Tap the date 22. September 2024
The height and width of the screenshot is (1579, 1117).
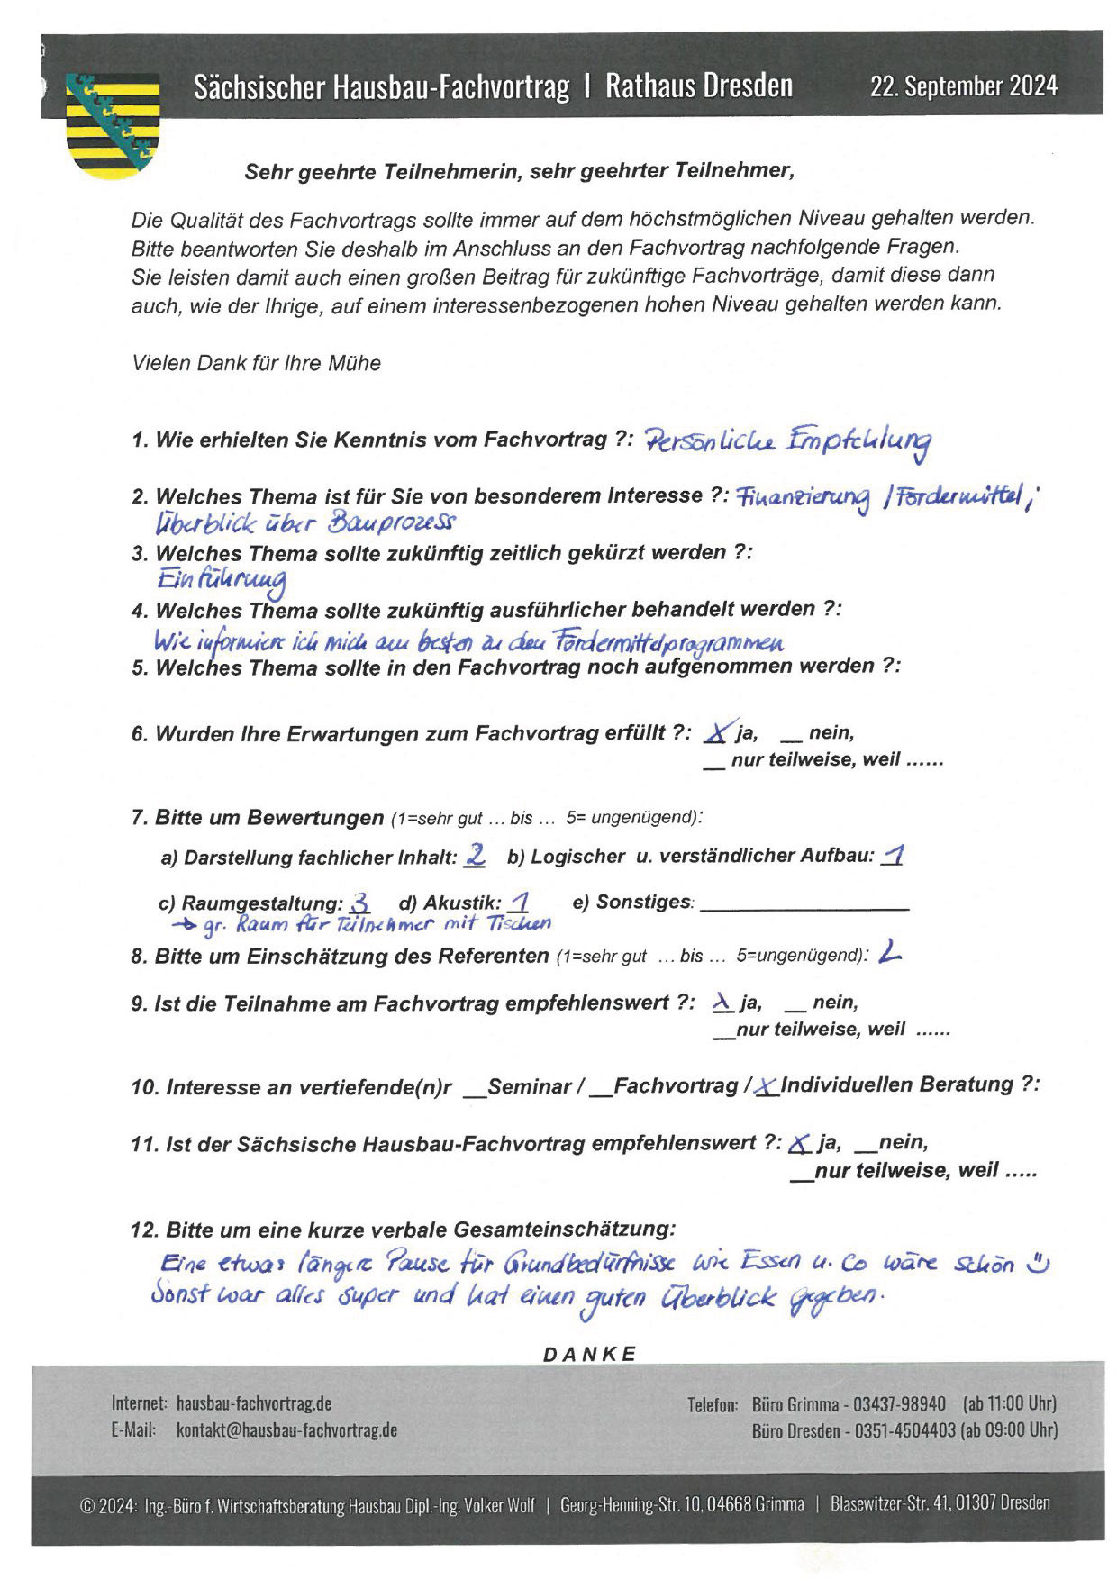(963, 86)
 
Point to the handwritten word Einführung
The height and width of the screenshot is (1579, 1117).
(222, 579)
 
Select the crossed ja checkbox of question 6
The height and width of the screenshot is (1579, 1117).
(717, 733)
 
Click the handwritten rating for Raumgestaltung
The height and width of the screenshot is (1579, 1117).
(359, 903)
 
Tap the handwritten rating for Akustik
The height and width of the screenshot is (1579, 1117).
(519, 902)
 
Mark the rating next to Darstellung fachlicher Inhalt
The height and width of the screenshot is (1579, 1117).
(475, 856)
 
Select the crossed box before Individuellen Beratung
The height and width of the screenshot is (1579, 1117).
(767, 1087)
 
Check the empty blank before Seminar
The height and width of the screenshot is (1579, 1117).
(475, 1091)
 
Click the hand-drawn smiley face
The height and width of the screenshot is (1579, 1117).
(1039, 1263)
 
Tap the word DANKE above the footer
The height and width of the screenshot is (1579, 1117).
(590, 1354)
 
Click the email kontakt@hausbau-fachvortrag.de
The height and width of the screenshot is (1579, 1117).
(286, 1429)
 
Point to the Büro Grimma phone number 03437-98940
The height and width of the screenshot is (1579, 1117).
(899, 1403)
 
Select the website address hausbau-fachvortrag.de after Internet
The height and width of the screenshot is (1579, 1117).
(254, 1402)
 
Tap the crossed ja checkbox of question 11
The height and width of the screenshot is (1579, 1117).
(799, 1144)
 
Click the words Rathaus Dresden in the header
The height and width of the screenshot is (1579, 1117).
(699, 86)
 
